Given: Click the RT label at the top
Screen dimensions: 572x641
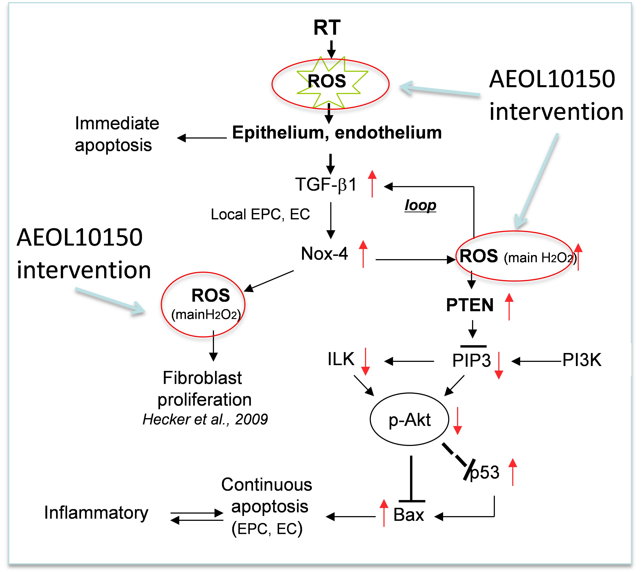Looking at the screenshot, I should [x=327, y=28].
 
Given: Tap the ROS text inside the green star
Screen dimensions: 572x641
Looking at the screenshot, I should [x=327, y=81].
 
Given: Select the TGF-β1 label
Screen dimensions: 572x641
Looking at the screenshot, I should [x=326, y=184].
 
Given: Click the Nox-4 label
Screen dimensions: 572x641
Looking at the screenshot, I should [x=324, y=254].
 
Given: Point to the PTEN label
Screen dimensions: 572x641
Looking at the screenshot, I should [x=470, y=305].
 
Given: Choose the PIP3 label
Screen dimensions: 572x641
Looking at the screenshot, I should [x=471, y=360].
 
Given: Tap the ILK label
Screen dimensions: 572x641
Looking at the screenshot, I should [x=341, y=359].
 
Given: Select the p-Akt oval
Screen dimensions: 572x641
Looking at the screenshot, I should [x=409, y=419].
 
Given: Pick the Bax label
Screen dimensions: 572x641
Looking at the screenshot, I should [x=409, y=515].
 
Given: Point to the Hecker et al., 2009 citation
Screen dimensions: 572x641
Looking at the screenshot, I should [x=205, y=419].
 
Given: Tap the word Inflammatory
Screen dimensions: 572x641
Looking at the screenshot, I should [x=96, y=513].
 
